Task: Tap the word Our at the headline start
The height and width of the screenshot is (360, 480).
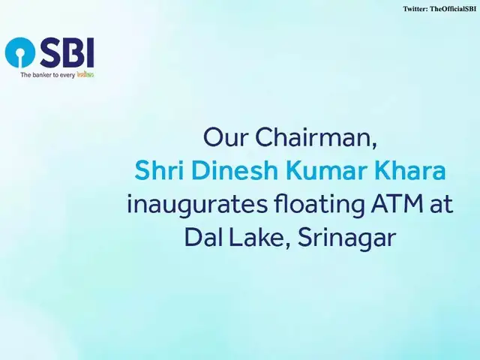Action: tap(222, 138)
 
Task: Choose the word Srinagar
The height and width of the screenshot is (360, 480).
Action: tap(346, 238)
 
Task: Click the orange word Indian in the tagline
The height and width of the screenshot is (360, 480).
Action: tap(85, 75)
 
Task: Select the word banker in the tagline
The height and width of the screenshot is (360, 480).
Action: tap(42, 75)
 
